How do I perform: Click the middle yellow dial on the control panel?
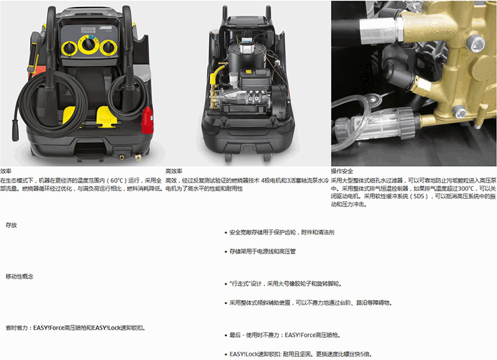[x=88, y=45]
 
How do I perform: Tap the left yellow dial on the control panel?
[x=69, y=48]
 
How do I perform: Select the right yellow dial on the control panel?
[x=108, y=48]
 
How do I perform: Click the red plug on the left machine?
[x=147, y=120]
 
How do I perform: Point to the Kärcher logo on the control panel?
[x=105, y=28]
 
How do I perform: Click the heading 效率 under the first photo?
[x=6, y=171]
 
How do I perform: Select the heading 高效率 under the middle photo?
[x=174, y=171]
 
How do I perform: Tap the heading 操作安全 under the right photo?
[x=342, y=171]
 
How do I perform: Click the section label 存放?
[x=11, y=225]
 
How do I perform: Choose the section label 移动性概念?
[x=20, y=276]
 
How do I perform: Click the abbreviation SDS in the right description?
[x=418, y=196]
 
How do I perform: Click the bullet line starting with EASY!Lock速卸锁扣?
[x=300, y=354]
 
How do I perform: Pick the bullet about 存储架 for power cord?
[x=262, y=251]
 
